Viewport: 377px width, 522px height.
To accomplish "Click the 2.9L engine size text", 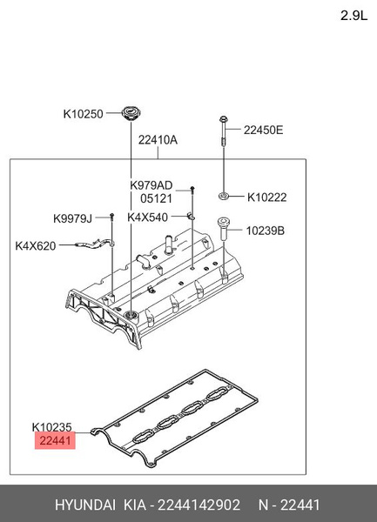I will (353, 14).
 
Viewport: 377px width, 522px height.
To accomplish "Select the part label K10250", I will (83, 113).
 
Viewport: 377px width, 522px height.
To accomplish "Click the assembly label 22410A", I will (158, 139).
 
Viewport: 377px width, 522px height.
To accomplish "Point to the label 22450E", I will (263, 130).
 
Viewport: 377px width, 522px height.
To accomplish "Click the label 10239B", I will (266, 231).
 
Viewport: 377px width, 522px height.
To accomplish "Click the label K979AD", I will (151, 184).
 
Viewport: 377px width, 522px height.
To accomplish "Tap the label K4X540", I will (148, 217).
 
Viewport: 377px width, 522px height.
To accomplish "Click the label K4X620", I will (36, 246).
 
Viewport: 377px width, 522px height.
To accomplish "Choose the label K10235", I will (51, 427).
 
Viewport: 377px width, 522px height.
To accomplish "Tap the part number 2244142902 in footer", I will (198, 505).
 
